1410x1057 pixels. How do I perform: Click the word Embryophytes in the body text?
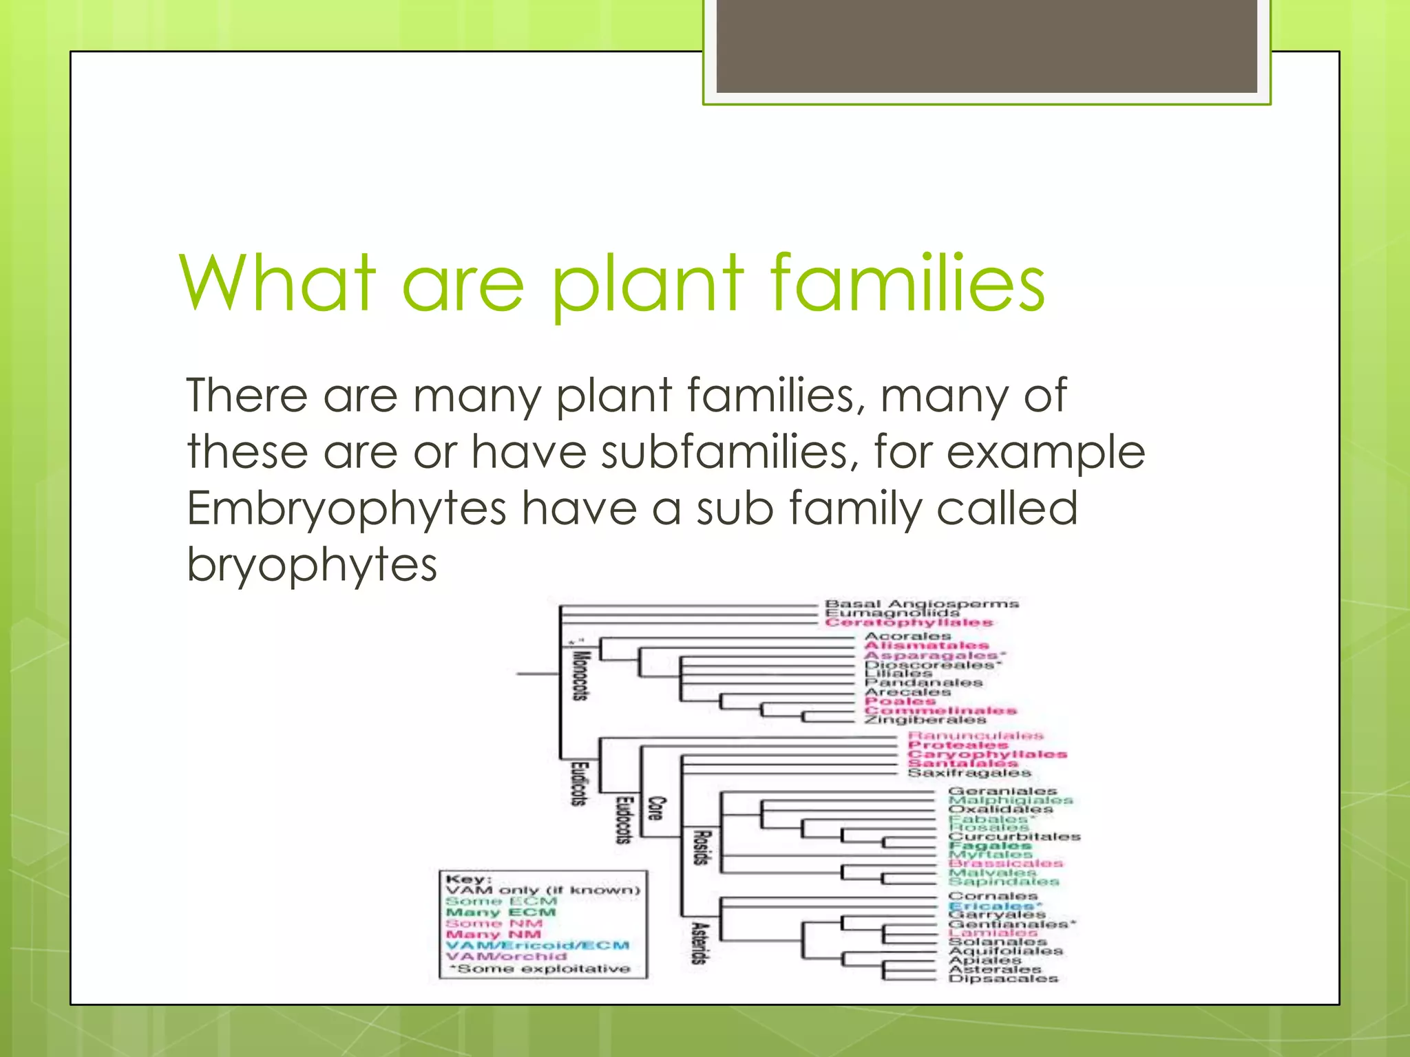coord(346,510)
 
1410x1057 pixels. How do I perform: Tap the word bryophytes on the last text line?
coord(312,565)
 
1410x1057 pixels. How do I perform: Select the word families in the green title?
coord(907,283)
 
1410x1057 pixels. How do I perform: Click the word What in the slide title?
coord(278,283)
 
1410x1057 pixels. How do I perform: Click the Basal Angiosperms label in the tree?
coord(921,604)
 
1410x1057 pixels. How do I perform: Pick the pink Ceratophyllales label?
coord(909,622)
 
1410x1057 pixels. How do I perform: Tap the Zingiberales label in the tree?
coord(925,720)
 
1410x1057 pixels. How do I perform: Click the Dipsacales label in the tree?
coord(1003,978)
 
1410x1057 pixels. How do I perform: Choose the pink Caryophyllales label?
coord(987,754)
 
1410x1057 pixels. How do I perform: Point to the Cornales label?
coord(992,896)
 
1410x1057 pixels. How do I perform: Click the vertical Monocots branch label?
coord(580,675)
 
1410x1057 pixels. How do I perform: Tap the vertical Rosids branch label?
coord(700,847)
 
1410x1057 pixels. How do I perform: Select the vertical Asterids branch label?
coord(699,943)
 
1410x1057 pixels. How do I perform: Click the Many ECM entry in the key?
coord(501,912)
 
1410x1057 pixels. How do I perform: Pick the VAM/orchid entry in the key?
coord(506,957)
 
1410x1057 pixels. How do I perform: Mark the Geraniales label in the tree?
coord(1002,791)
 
